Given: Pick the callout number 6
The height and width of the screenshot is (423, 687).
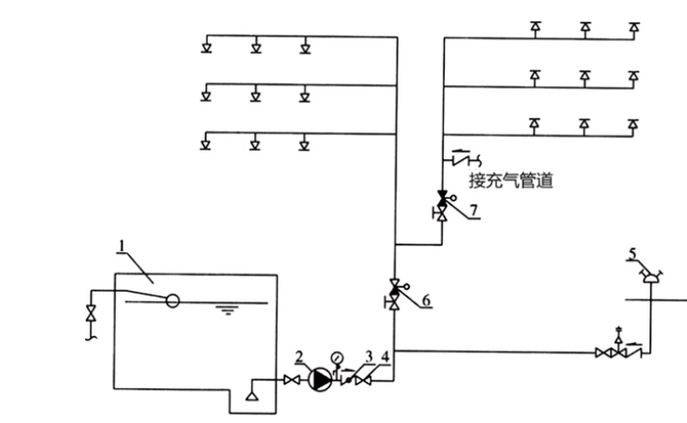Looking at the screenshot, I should coord(426,300).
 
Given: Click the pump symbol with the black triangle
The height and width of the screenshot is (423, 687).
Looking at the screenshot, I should coord(320,382).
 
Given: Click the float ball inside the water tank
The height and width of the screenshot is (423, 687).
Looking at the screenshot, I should coord(172,299).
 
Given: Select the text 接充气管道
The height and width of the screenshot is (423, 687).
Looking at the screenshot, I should coord(510,179).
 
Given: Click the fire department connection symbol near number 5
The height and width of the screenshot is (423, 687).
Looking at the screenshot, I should coord(653,276).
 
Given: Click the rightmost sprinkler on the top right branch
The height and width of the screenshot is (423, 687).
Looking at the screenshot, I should coord(634,29).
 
